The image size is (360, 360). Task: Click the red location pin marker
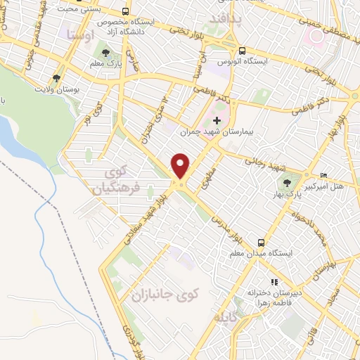click(x=181, y=165)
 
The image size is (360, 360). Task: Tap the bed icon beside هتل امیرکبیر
click(x=323, y=174)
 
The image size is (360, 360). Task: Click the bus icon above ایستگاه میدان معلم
click(x=261, y=239)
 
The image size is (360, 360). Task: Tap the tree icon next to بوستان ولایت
click(x=57, y=78)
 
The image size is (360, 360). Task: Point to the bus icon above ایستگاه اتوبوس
click(x=241, y=51)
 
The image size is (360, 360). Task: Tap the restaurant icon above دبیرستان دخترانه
click(x=274, y=282)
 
